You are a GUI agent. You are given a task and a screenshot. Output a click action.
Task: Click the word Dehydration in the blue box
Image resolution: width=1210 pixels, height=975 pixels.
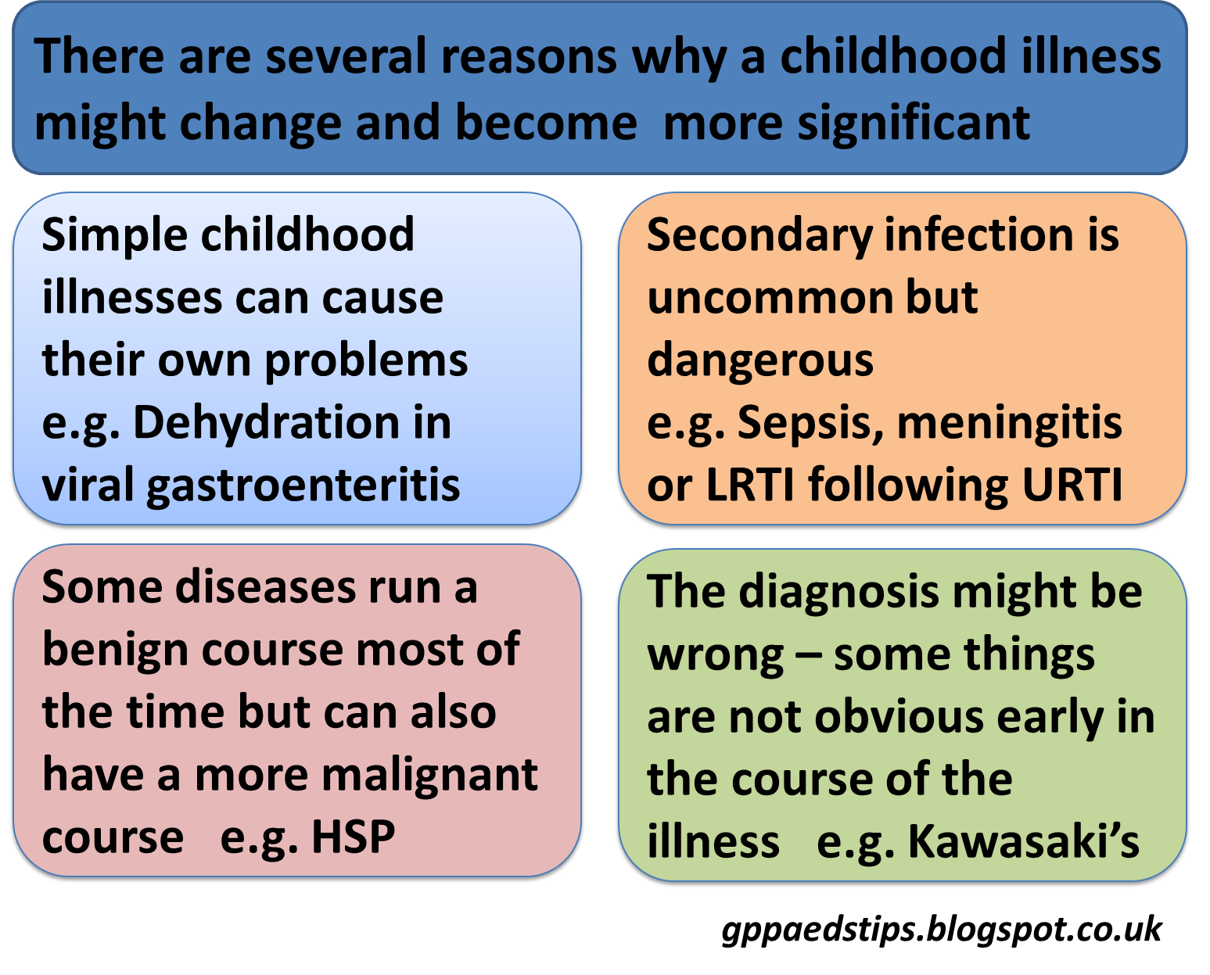pyautogui.click(x=267, y=424)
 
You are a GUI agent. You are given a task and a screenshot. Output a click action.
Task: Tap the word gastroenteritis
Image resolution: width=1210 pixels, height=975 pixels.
pyautogui.click(x=303, y=486)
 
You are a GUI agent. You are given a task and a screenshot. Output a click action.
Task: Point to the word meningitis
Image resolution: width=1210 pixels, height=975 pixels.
pyautogui.click(x=1009, y=424)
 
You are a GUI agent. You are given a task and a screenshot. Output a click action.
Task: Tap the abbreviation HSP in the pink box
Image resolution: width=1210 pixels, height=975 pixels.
pyautogui.click(x=353, y=837)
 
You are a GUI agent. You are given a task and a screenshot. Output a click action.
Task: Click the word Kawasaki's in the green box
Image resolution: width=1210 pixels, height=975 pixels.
pyautogui.click(x=1022, y=842)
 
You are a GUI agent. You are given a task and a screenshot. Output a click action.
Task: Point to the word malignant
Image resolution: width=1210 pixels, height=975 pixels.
pyautogui.click(x=429, y=776)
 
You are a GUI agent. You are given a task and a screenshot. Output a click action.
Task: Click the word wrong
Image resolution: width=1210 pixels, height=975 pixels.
pyautogui.click(x=716, y=655)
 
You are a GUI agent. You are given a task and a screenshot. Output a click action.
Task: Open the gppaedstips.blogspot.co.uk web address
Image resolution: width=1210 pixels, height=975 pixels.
pyautogui.click(x=941, y=930)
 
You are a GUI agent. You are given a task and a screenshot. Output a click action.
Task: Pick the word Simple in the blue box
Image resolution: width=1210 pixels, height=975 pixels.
pyautogui.click(x=114, y=235)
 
